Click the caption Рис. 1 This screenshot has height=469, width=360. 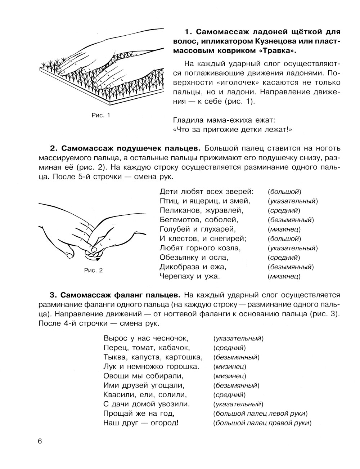pyautogui.click(x=100, y=116)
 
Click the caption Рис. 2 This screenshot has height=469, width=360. pyautogui.click(x=94, y=270)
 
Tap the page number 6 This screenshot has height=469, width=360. pyautogui.click(x=40, y=442)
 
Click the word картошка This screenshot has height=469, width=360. pyautogui.click(x=183, y=357)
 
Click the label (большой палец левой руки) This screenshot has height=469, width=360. pyautogui.click(x=260, y=413)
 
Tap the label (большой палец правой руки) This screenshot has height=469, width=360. pyautogui.click(x=262, y=423)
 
